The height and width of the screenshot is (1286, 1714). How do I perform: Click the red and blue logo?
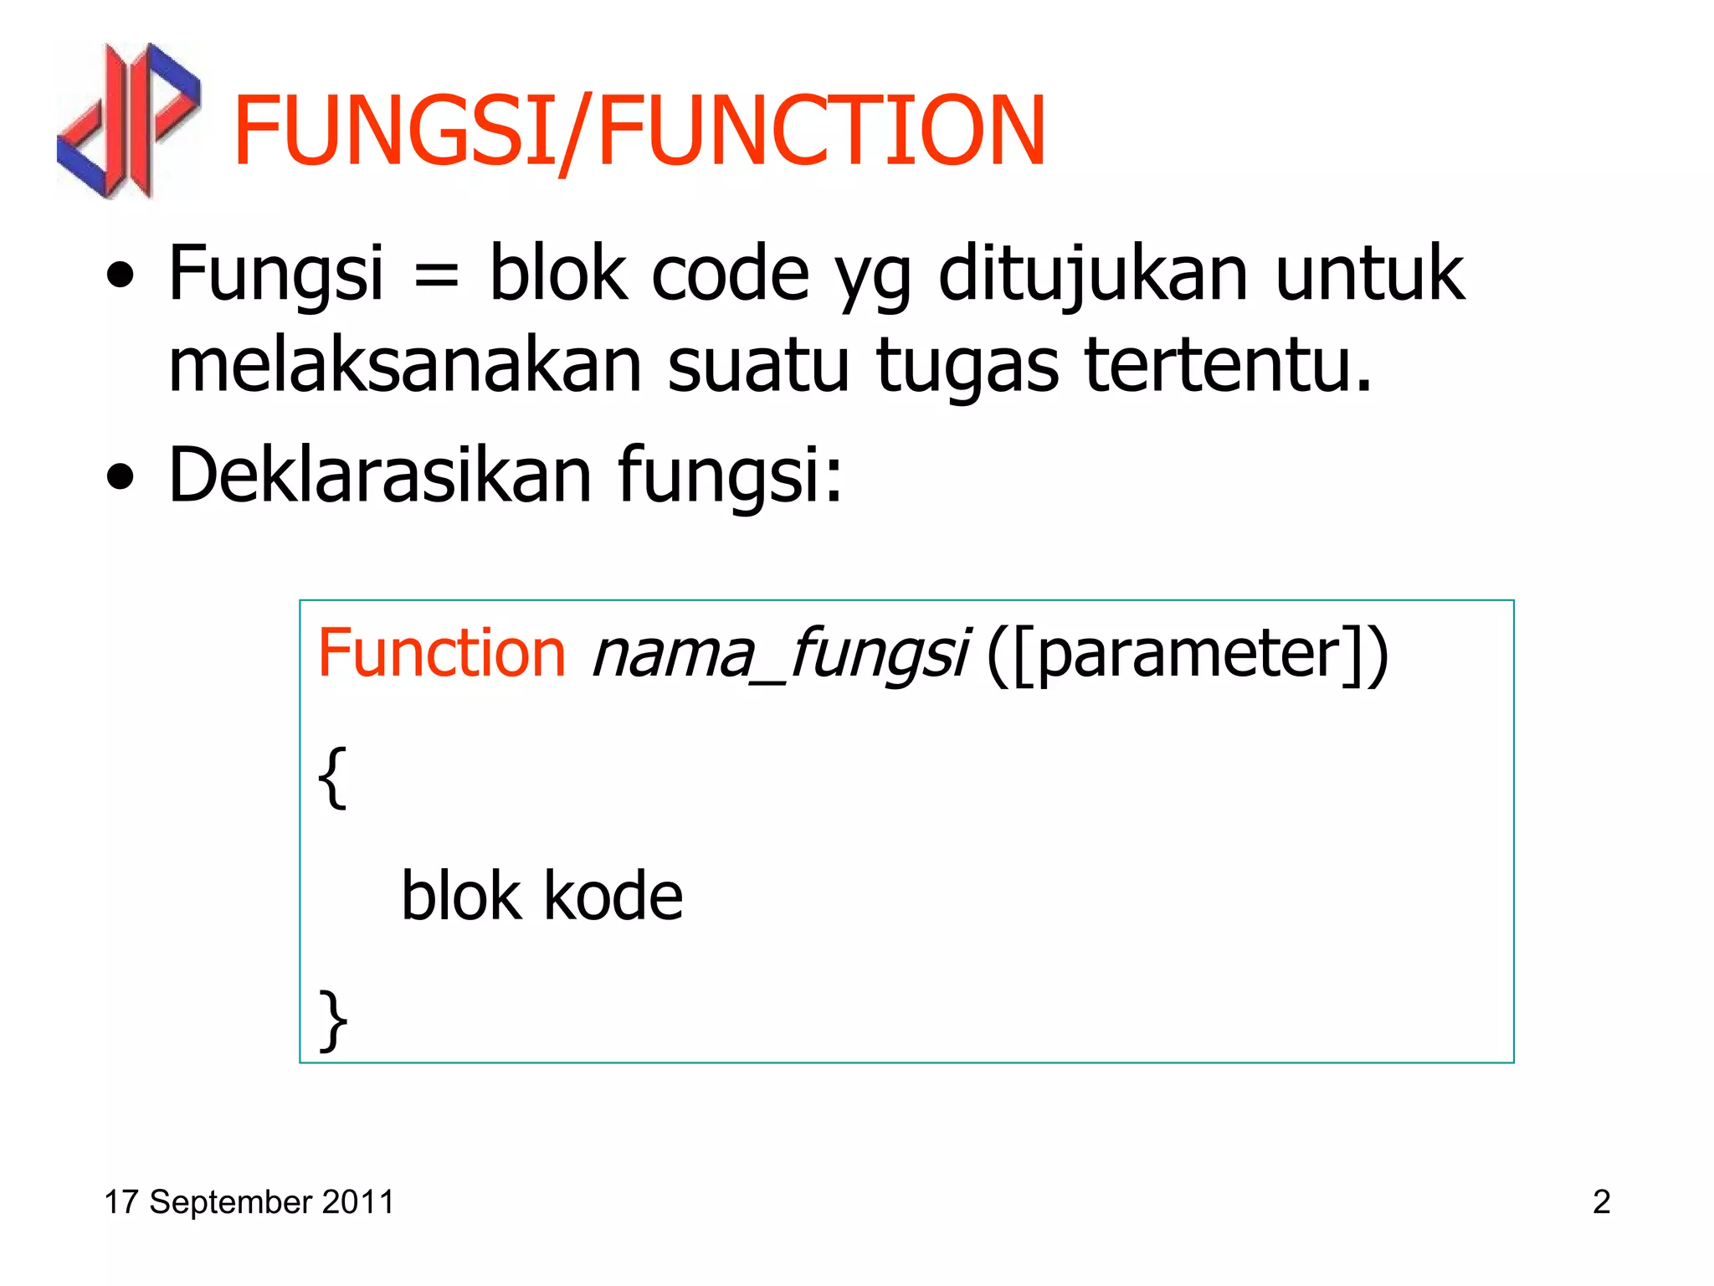coord(128,121)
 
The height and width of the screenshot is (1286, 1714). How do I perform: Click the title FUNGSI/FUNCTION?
coord(639,131)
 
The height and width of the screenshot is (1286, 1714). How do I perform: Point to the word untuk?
coord(1369,273)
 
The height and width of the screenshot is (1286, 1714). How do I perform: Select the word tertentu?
coord(1228,366)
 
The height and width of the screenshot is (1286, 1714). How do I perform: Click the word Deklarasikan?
coord(381,475)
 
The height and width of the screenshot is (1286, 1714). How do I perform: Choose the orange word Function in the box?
coord(442,653)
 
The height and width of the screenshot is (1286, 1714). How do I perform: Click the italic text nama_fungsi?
coord(780,655)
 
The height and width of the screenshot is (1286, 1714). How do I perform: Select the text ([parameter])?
coord(1188,655)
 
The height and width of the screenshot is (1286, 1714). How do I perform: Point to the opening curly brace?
coord(332,778)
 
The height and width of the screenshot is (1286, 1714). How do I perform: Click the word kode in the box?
coord(613,896)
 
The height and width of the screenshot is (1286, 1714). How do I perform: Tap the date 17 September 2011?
coord(249,1202)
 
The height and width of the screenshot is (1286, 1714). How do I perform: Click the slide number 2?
coord(1601,1202)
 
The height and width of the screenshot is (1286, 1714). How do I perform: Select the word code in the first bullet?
coord(730,275)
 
